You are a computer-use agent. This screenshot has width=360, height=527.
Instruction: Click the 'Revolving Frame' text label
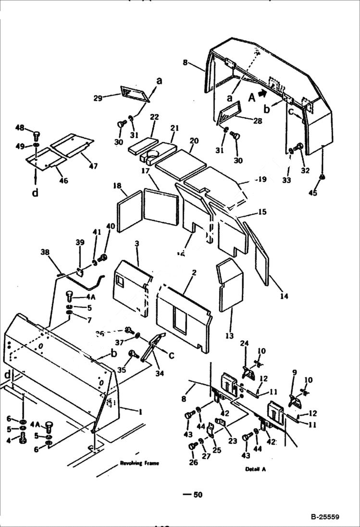[x=139, y=463]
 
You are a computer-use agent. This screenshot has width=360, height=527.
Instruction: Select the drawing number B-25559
[x=325, y=517]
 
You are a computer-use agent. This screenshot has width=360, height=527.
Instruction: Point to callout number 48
[x=19, y=128]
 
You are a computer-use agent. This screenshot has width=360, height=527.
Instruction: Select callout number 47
[x=93, y=166]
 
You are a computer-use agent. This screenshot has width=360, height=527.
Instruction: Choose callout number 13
[x=229, y=336]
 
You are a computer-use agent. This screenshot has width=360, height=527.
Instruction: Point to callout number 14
[x=284, y=296]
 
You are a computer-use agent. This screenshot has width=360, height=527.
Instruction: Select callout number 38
[x=45, y=252]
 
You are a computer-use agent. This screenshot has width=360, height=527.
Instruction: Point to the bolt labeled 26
[x=193, y=447]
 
